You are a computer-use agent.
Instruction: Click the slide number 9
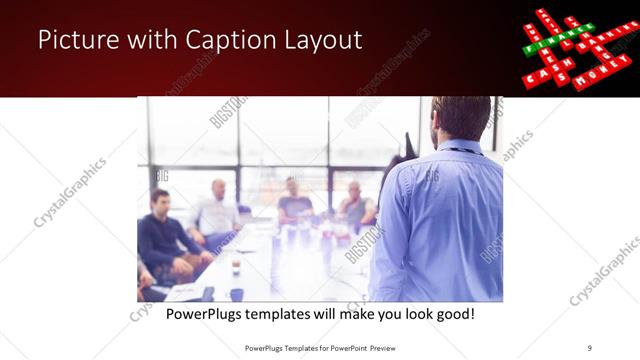590,347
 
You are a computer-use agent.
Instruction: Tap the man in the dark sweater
164,235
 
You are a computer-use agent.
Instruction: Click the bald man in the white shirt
218,210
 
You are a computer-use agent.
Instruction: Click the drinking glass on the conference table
236,267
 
